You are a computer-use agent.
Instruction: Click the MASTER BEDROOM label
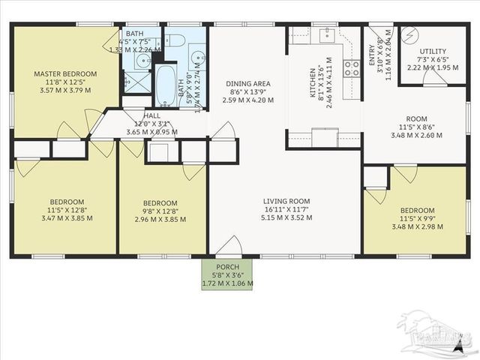click(x=64, y=73)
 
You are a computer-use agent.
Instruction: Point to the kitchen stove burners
click(x=351, y=69)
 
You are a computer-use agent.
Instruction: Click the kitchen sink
click(x=327, y=35)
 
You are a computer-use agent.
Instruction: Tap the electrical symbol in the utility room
click(x=409, y=34)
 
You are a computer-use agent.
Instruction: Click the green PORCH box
click(x=227, y=275)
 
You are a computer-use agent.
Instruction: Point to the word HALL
click(x=151, y=116)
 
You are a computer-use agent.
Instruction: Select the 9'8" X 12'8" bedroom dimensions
click(x=160, y=211)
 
